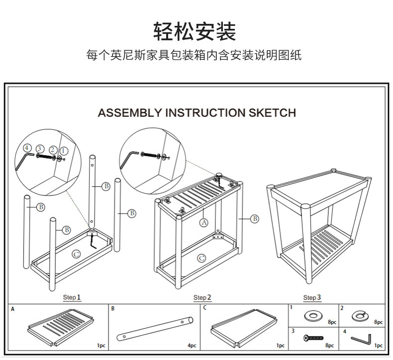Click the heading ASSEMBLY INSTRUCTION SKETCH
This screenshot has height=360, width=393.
point(196,113)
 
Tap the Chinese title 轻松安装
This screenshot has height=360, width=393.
point(195,31)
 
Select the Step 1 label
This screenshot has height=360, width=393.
point(72,297)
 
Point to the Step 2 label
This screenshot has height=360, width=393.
point(202,297)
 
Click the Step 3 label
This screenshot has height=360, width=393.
point(312,297)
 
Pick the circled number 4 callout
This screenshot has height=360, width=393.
point(27,148)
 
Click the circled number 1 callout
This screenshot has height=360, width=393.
point(64,151)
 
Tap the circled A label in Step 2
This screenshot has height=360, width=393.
point(203,222)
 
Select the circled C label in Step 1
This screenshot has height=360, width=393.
point(76,254)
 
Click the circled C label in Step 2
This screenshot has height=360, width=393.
point(201,258)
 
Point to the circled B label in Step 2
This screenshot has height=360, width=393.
point(255,218)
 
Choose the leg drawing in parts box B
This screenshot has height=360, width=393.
point(155,328)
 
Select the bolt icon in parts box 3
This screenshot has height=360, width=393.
point(314,339)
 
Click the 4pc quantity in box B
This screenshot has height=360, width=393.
point(192,345)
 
